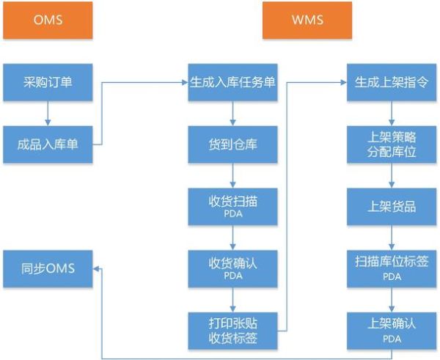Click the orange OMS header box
tap(47, 21)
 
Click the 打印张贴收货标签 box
tap(232, 330)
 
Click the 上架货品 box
tap(392, 206)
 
